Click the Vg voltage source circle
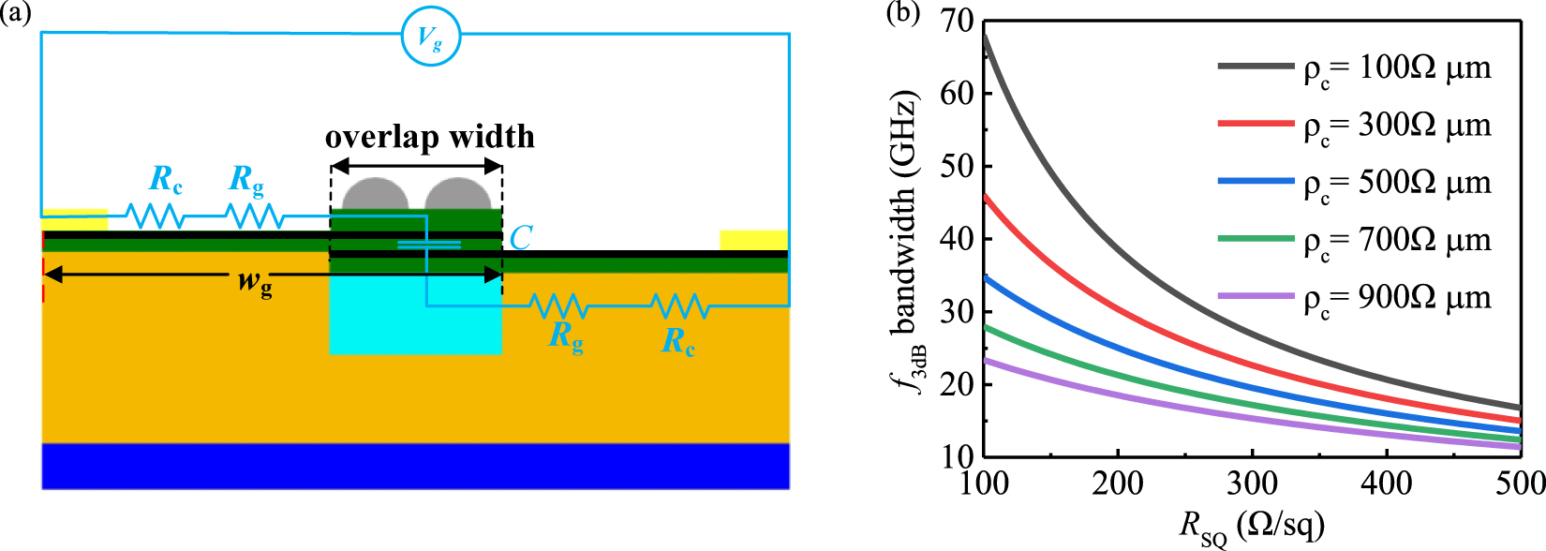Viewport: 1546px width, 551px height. click(x=431, y=37)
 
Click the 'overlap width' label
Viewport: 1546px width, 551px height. click(x=430, y=138)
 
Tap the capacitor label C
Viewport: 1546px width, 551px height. click(x=521, y=238)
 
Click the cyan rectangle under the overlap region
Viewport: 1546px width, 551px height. click(x=415, y=323)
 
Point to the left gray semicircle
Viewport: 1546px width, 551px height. click(x=376, y=194)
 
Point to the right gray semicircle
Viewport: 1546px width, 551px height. click(x=458, y=194)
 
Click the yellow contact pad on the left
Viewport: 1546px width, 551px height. click(x=75, y=218)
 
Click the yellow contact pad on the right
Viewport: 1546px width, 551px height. click(x=753, y=240)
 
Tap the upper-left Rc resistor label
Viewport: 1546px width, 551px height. click(x=166, y=179)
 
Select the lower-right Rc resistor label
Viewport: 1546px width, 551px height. click(x=678, y=341)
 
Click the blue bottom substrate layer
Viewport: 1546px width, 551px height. click(x=415, y=466)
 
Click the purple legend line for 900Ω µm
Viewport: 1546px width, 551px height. click(x=1256, y=296)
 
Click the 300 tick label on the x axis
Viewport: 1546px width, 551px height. click(x=1252, y=483)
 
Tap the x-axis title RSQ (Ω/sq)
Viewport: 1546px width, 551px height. click(x=1252, y=527)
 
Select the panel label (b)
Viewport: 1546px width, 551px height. click(x=902, y=14)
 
